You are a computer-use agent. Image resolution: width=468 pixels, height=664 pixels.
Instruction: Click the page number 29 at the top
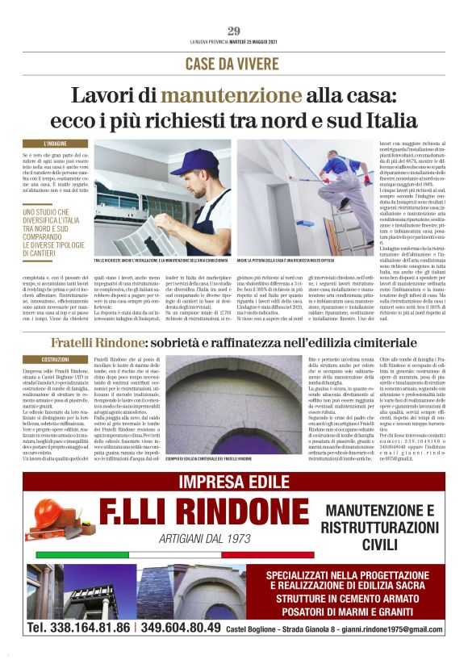click(234, 31)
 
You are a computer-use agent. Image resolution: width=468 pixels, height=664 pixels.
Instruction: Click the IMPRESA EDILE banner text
click(233, 482)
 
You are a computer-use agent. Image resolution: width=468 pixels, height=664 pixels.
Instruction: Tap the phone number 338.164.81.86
click(78, 627)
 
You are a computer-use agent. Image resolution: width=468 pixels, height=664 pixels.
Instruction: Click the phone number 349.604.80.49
click(179, 627)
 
